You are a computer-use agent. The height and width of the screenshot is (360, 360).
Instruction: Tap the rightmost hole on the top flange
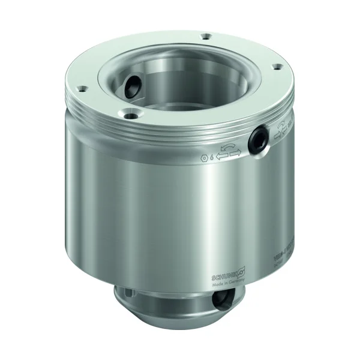[x=277, y=67]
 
